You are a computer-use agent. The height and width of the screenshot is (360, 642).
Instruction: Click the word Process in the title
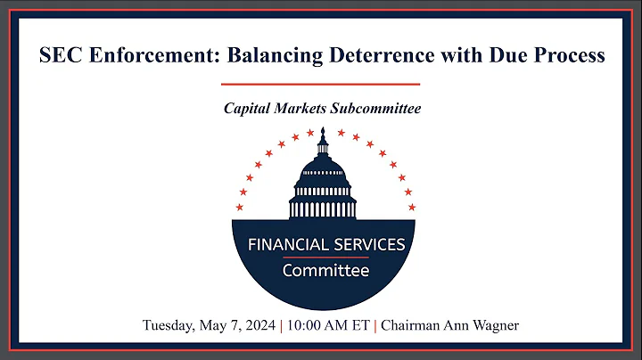pyautogui.click(x=567, y=55)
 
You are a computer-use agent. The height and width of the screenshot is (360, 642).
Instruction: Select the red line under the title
pyautogui.click(x=321, y=84)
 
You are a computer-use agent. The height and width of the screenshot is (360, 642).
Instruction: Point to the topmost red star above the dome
pyautogui.click(x=310, y=133)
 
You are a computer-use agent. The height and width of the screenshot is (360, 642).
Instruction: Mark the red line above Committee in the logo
pyautogui.click(x=321, y=258)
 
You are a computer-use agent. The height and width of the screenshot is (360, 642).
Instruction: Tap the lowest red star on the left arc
pyautogui.click(x=239, y=208)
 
